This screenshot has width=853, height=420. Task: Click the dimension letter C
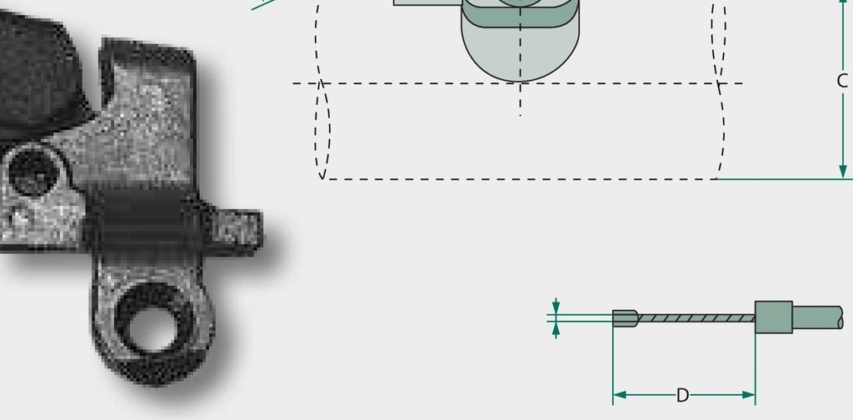[842, 81]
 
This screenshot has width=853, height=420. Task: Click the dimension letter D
[683, 396]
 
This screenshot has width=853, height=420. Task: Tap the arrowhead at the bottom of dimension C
[843, 172]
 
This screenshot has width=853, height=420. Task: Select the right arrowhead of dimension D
[748, 395]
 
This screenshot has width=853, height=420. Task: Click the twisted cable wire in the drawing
[696, 317]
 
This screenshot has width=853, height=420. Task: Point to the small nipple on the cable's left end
[625, 318]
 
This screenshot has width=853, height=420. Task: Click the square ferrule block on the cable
[774, 317]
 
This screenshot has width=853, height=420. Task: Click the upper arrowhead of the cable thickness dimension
[556, 307]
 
